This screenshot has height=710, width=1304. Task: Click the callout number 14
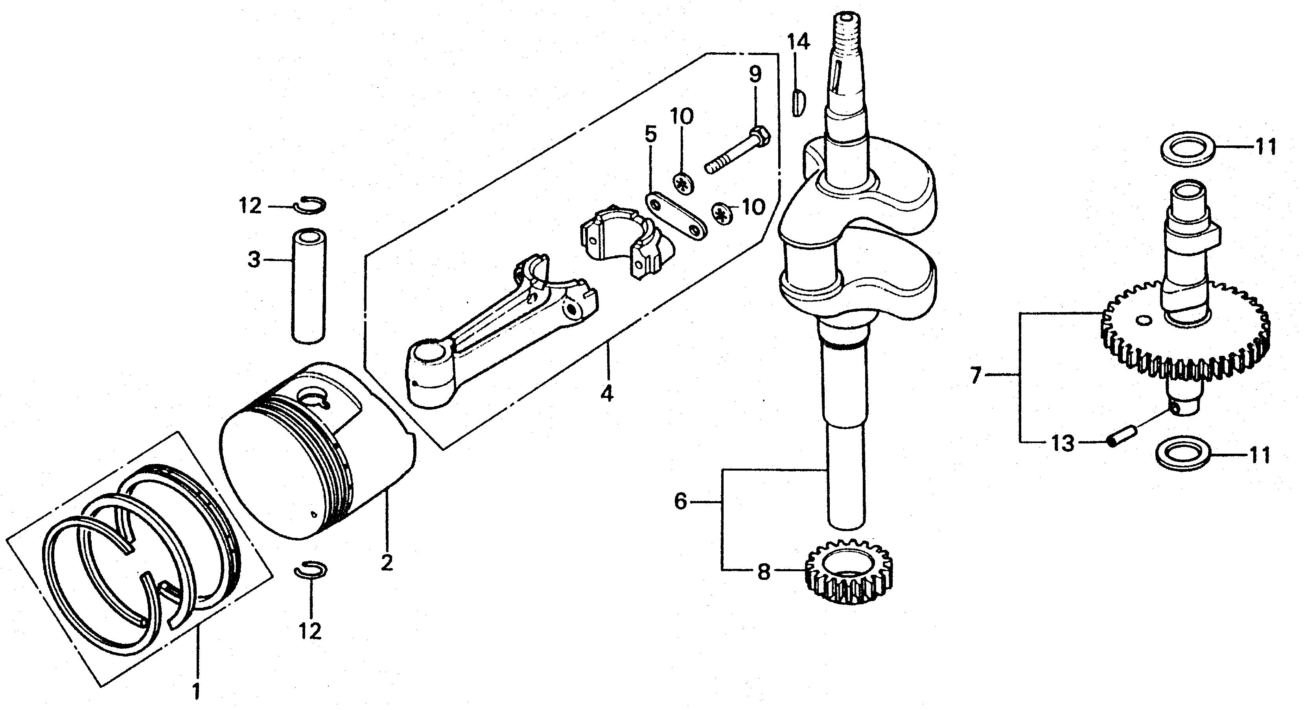(798, 42)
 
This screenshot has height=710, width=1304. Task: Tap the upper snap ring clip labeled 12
(311, 205)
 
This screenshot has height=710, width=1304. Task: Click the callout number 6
(681, 502)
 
